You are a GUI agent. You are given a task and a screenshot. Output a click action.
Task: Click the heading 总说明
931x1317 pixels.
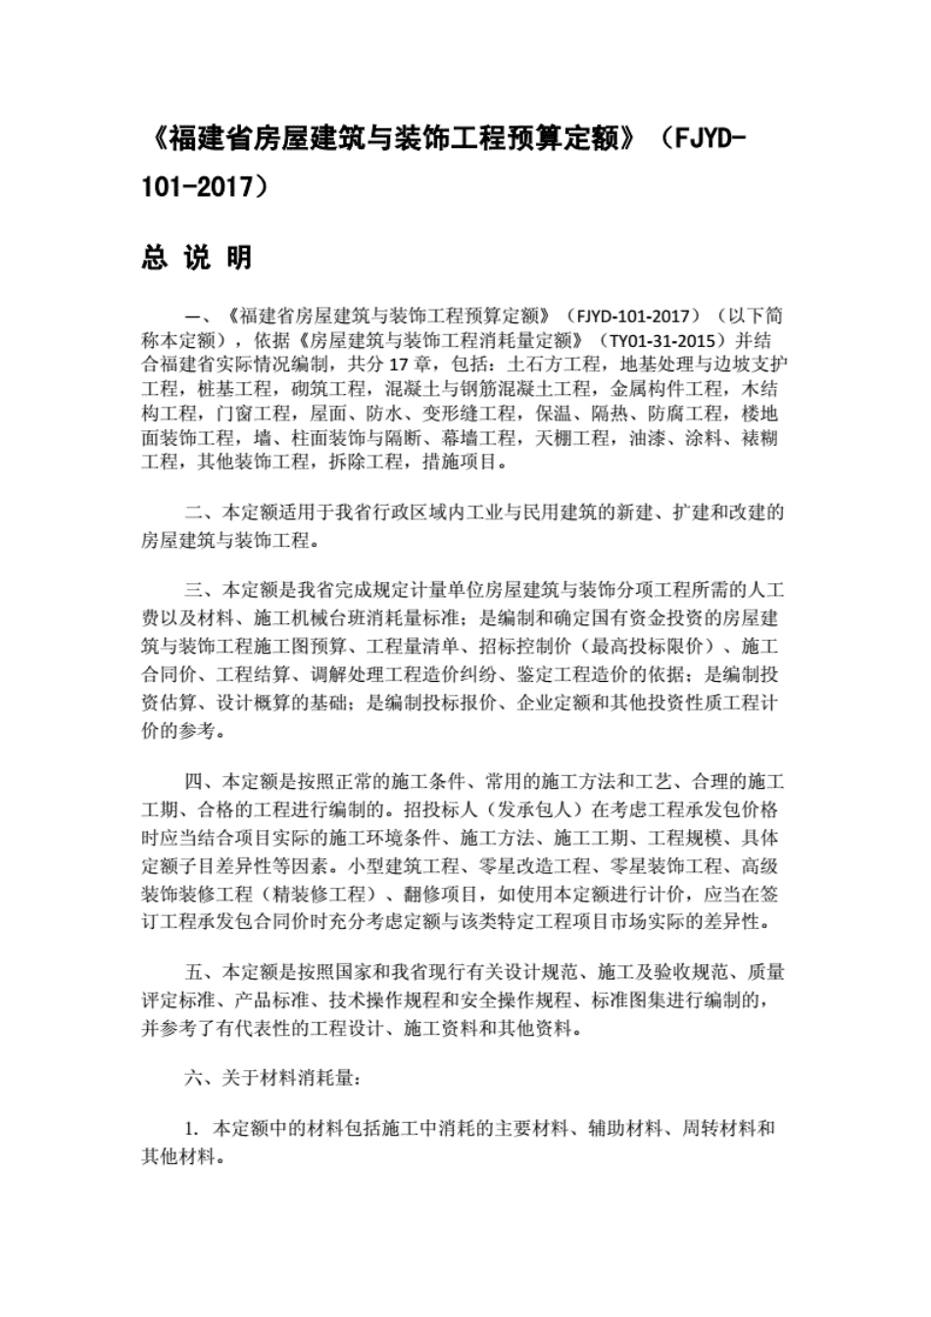196,258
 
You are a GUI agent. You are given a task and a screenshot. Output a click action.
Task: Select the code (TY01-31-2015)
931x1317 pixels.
655,341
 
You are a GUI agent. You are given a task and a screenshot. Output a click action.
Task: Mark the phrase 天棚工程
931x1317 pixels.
574,437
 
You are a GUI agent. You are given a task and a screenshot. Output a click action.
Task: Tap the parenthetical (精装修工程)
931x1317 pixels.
319,895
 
